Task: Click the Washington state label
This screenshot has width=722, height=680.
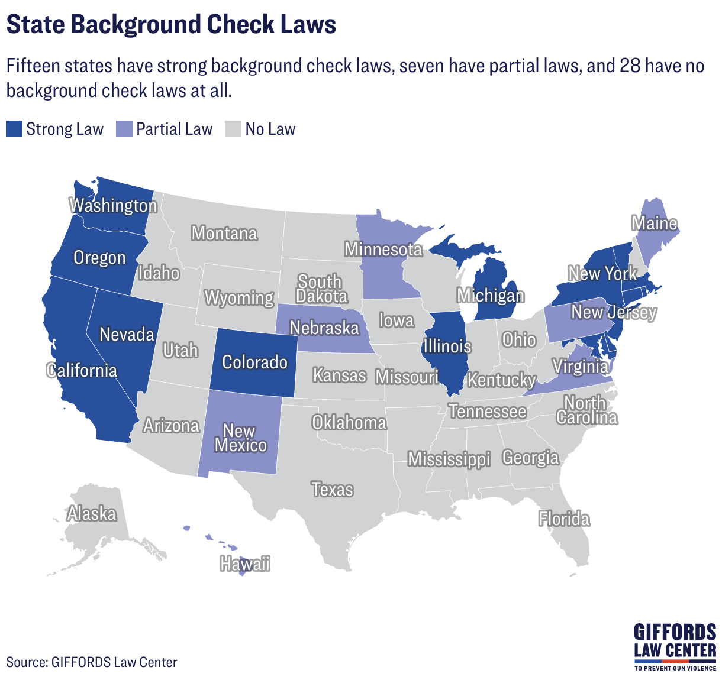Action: (114, 206)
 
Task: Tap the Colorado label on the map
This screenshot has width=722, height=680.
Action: (254, 362)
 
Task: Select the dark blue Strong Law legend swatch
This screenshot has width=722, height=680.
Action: (14, 129)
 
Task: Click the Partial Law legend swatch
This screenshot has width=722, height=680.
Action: (124, 129)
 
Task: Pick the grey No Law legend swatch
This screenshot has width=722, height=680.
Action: (233, 129)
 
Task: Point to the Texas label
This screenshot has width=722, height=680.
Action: (333, 490)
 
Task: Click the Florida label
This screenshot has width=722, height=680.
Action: (564, 519)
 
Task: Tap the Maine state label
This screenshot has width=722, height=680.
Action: (654, 224)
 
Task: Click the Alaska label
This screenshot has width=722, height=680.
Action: (92, 514)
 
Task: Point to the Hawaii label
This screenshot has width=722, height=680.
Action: (245, 564)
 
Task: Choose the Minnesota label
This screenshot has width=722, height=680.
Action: (383, 250)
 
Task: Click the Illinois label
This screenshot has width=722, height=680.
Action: (447, 346)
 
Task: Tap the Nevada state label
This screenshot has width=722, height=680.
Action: (127, 335)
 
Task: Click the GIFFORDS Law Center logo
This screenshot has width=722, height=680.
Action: (675, 646)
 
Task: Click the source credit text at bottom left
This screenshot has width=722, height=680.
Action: (92, 662)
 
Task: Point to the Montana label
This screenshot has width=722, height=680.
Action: (224, 234)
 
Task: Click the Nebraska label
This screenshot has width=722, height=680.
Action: (324, 328)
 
